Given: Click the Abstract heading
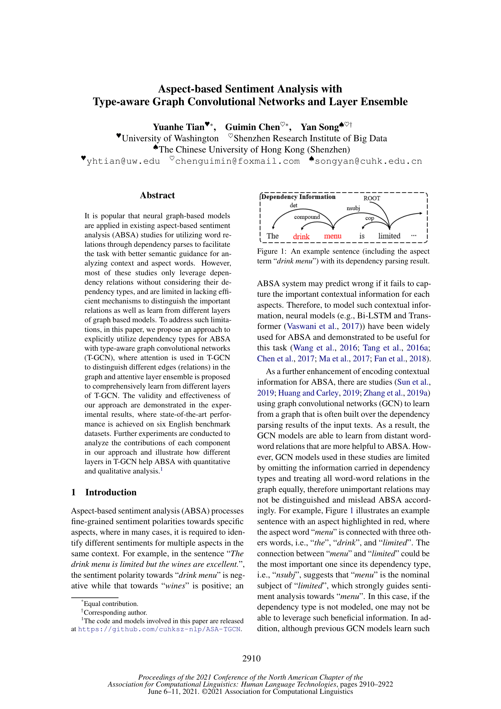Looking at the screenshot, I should (x=157, y=196).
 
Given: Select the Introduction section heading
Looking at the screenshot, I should (x=111, y=492).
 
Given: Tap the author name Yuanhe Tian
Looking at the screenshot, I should (x=179, y=127).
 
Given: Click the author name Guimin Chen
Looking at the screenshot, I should (x=252, y=127).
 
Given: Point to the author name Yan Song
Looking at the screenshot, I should (x=319, y=127).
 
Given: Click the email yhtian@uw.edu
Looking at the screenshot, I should (x=123, y=161).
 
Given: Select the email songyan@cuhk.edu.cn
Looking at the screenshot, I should (x=368, y=161).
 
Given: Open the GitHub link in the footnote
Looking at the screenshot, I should (x=159, y=629).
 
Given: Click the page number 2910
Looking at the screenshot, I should (x=251, y=659).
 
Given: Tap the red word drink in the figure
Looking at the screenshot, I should (x=301, y=236).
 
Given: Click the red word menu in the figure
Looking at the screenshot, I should (x=332, y=236).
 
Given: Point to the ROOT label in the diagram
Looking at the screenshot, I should (x=372, y=198).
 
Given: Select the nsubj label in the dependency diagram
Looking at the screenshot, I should (x=353, y=208).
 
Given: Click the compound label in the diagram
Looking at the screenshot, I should (x=307, y=217).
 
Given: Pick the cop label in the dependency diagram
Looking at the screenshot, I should (x=369, y=218).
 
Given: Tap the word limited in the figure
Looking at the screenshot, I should (x=389, y=236).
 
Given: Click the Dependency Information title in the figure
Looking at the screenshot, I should (x=298, y=197).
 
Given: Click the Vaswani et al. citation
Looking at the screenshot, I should (x=312, y=326).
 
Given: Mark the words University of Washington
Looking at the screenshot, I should (x=170, y=138).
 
